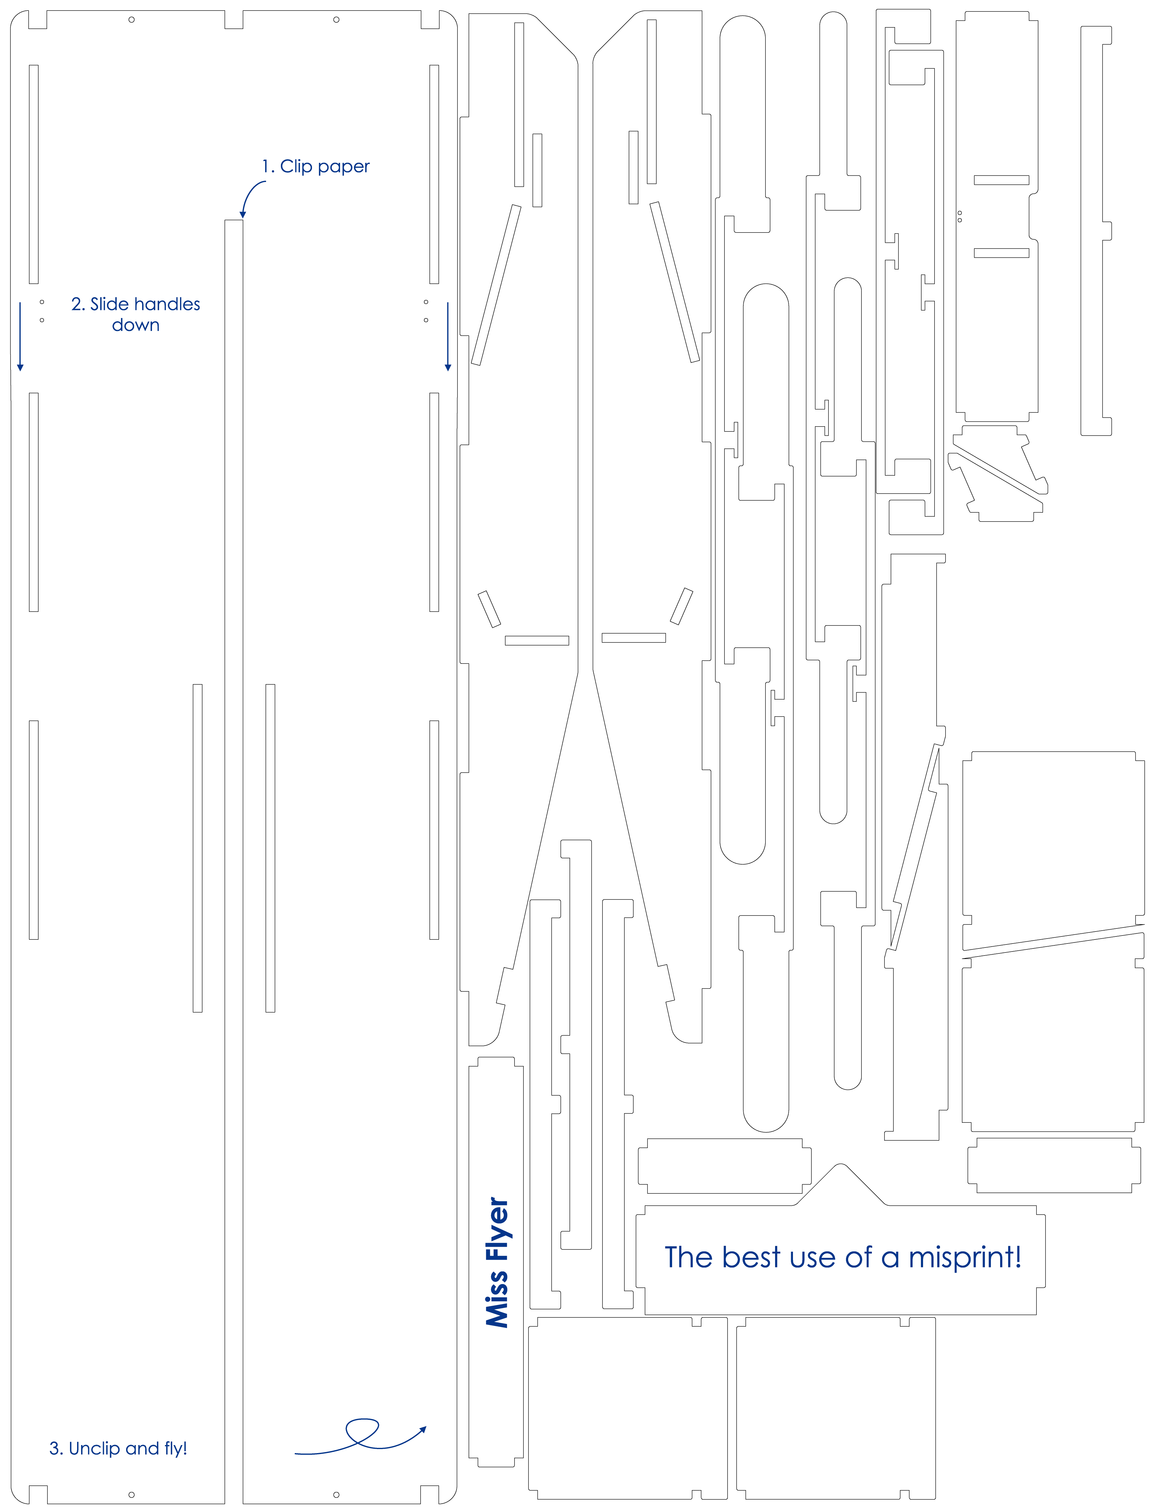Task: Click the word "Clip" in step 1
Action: click(x=296, y=167)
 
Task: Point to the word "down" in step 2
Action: click(x=136, y=325)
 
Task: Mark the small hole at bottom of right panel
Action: click(x=336, y=1495)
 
